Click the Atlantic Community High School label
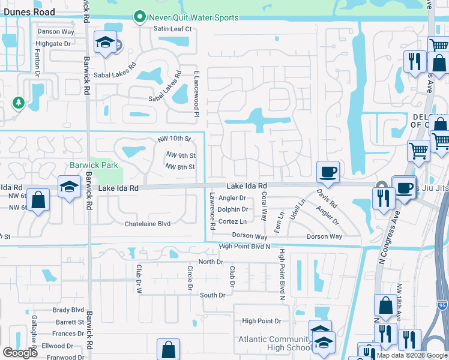pos(268,344)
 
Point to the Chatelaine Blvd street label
pos(148,224)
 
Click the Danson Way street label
pos(56,32)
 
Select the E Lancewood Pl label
pos(196,92)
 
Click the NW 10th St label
pos(174,139)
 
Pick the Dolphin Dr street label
pos(233,209)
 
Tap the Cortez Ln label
pos(232,221)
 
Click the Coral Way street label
pos(264,208)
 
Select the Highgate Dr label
pos(53,44)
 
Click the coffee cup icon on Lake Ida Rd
pos(328,172)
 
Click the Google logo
pos(20,353)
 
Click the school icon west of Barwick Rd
pos(70,187)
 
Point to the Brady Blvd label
pos(68,310)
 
